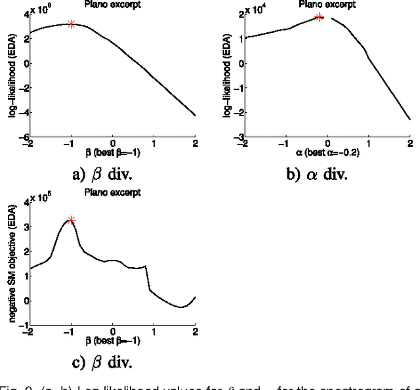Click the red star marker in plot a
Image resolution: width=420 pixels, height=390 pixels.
coord(72,24)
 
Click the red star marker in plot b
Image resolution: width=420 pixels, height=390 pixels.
coord(320,17)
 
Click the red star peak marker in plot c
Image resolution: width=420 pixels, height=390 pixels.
coord(72,220)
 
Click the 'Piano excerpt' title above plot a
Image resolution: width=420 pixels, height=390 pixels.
coord(112,5)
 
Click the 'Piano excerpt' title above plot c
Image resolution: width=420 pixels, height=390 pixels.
coord(112,193)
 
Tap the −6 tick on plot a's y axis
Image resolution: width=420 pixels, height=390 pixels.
coord(20,138)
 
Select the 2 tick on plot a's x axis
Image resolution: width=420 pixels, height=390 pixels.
coord(195,144)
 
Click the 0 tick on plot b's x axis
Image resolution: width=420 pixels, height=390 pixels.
coord(327,144)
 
